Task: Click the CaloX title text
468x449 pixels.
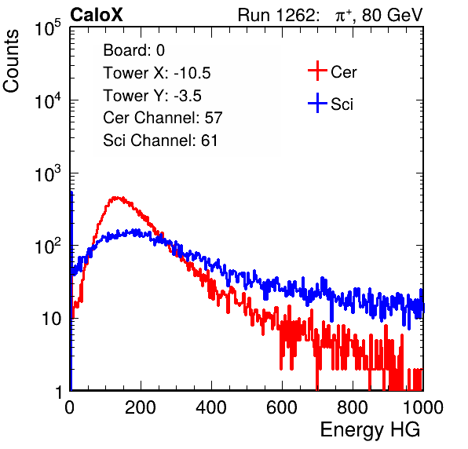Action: [x=97, y=15]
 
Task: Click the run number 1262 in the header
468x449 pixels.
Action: [x=295, y=15]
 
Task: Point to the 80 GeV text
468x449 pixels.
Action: [x=392, y=15]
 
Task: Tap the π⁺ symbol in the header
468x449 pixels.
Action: [x=343, y=16]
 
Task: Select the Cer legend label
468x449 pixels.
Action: [x=343, y=72]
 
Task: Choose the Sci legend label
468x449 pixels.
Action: [x=342, y=104]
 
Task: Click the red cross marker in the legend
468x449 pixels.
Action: [x=317, y=71]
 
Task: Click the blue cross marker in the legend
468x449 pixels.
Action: [x=317, y=103]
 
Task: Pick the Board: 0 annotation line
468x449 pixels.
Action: [x=133, y=50]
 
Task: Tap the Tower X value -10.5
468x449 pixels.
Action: [x=192, y=73]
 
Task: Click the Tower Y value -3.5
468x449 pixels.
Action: [x=188, y=96]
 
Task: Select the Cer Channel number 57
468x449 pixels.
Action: [x=214, y=118]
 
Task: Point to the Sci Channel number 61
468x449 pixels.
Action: [x=209, y=141]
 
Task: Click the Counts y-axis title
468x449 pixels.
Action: [x=11, y=60]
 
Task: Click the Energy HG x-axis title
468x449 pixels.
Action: [x=370, y=430]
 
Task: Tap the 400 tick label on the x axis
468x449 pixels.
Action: [x=211, y=407]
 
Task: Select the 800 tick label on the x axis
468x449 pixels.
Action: [x=353, y=407]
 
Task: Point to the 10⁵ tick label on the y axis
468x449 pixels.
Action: [x=48, y=28]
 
